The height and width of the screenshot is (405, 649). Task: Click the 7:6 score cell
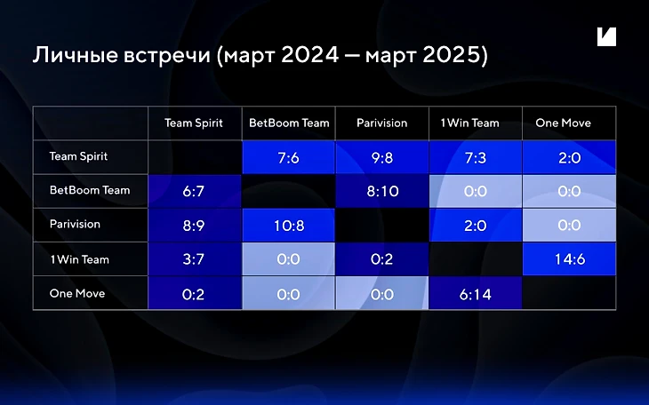tap(288, 157)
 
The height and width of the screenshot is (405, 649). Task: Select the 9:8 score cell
tap(382, 157)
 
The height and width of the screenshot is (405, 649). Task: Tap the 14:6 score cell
tap(569, 259)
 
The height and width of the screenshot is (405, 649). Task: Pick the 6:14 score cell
tap(476, 293)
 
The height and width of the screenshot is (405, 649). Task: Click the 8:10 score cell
tap(382, 191)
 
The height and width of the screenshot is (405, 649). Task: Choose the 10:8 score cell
tap(288, 225)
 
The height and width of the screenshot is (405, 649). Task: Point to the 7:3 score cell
tap(476, 157)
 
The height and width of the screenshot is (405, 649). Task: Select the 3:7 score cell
tap(195, 259)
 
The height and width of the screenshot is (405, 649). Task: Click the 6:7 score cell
tap(195, 191)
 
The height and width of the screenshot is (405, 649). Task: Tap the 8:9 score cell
tap(195, 225)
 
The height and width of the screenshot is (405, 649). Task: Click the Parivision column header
tap(382, 123)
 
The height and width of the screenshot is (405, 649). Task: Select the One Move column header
tap(564, 123)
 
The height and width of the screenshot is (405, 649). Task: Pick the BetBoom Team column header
tap(289, 123)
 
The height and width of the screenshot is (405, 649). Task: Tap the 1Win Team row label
tap(79, 259)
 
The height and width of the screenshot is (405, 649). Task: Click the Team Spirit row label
tap(78, 156)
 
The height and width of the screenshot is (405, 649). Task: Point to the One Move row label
tap(77, 293)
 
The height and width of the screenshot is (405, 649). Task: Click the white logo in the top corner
tap(607, 36)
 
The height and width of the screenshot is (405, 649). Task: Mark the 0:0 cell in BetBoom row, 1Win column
tap(476, 191)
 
